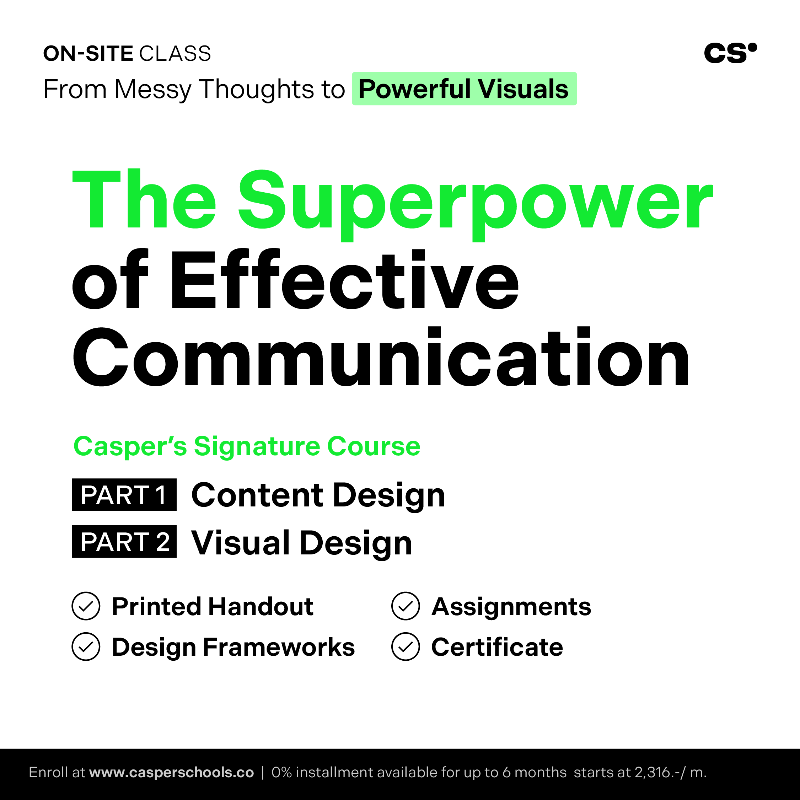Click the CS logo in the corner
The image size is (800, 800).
click(x=730, y=53)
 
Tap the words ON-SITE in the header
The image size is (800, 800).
click(x=88, y=54)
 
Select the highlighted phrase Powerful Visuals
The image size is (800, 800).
click(x=464, y=88)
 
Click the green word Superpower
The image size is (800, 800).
click(x=476, y=203)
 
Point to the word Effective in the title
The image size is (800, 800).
click(x=344, y=279)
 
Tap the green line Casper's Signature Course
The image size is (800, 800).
click(x=247, y=447)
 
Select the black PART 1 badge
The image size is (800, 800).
click(x=124, y=495)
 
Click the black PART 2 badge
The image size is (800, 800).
click(x=124, y=542)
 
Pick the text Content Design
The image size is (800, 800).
click(x=318, y=496)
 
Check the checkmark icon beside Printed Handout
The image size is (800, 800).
click(x=86, y=606)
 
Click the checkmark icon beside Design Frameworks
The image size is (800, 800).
click(x=86, y=647)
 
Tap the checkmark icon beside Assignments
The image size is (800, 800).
click(x=406, y=606)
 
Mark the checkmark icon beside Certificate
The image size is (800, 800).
click(x=406, y=647)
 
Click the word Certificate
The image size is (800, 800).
click(x=497, y=647)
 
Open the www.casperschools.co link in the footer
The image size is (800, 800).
click(x=171, y=773)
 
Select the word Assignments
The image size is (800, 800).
click(x=511, y=607)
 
